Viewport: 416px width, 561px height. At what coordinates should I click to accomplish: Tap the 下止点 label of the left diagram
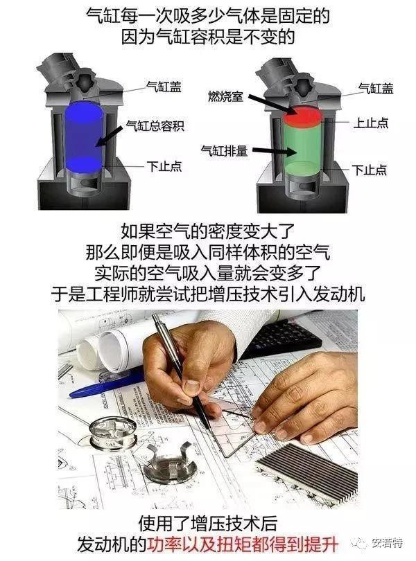coord(164,167)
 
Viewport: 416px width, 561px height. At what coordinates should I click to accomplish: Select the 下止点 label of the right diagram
coord(369,168)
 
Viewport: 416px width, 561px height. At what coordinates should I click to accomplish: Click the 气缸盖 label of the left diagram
coord(164,87)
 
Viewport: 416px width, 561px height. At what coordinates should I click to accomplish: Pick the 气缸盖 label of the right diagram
coord(375,88)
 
